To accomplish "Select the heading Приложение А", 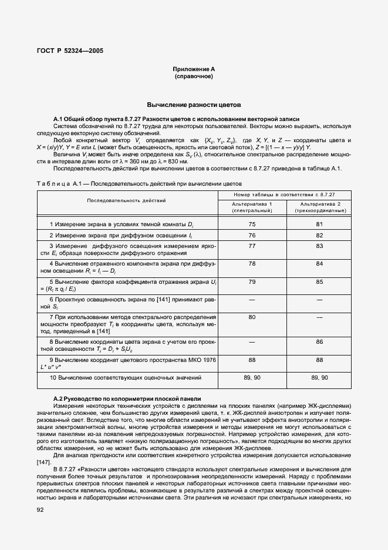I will [x=193, y=69].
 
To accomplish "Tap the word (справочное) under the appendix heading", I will [x=193, y=76].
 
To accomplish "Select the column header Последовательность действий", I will [x=126, y=200].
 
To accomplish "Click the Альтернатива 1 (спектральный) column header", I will [x=252, y=206].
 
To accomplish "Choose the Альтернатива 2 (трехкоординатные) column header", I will [x=319, y=206].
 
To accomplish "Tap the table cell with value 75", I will [x=252, y=224].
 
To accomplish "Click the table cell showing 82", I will [x=319, y=234].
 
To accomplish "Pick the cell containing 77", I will [x=252, y=246].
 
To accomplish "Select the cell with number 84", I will [x=319, y=263].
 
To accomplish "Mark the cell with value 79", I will [x=252, y=281].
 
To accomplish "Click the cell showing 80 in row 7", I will [x=252, y=317].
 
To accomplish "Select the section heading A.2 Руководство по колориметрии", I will [x=127, y=398].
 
